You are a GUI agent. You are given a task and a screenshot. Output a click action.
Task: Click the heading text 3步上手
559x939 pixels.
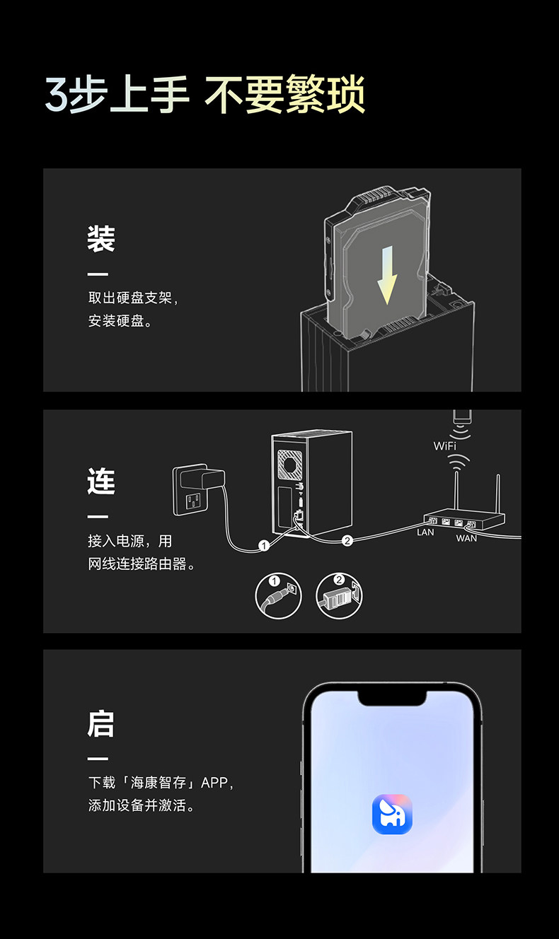117,95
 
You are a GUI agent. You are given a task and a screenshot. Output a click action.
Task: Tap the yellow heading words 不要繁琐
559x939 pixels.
284,95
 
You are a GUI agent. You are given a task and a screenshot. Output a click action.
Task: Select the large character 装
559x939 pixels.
101,239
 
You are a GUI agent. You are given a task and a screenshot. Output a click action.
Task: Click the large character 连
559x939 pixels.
101,482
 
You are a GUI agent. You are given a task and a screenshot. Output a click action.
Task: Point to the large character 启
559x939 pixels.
101,724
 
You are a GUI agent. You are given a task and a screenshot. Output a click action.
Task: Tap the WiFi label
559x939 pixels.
445,446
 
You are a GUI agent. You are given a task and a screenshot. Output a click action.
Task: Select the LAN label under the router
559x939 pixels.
425,532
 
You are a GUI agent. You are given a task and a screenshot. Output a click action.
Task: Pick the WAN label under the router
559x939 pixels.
466,539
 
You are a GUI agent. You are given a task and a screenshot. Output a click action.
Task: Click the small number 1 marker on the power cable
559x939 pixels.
264,545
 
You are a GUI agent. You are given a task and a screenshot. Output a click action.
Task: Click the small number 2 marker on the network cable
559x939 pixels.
347,541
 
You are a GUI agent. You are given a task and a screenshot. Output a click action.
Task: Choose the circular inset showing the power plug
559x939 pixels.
278,595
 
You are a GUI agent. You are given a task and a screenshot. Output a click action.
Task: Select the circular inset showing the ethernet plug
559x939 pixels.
339,595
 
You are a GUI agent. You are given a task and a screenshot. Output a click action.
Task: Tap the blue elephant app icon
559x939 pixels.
392,814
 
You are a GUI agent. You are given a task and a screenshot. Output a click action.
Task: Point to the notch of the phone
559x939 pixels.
392,696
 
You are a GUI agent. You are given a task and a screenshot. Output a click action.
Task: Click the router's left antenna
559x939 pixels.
456,492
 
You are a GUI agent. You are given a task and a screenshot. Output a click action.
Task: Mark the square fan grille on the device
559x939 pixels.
291,464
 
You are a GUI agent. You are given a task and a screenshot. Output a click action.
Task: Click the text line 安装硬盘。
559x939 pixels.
120,322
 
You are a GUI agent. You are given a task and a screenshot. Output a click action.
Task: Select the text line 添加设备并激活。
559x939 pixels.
141,805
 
